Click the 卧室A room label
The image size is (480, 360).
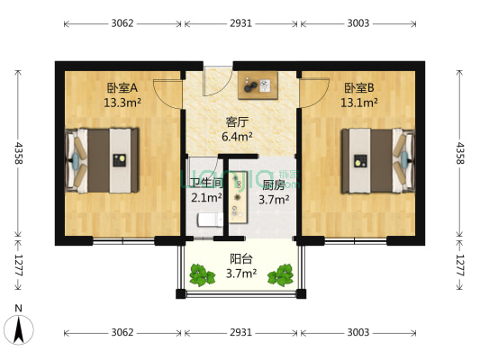tap(121, 88)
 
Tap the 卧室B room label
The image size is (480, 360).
tap(358, 88)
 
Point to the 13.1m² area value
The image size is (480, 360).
tap(358, 103)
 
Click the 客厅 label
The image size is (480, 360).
tap(237, 123)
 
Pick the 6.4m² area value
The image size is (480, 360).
tap(237, 138)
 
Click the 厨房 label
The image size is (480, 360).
tap(274, 185)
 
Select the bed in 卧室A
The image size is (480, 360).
tap(102, 159)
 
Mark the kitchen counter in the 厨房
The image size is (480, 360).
tap(239, 193)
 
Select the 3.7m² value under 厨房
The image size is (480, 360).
tap(274, 200)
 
